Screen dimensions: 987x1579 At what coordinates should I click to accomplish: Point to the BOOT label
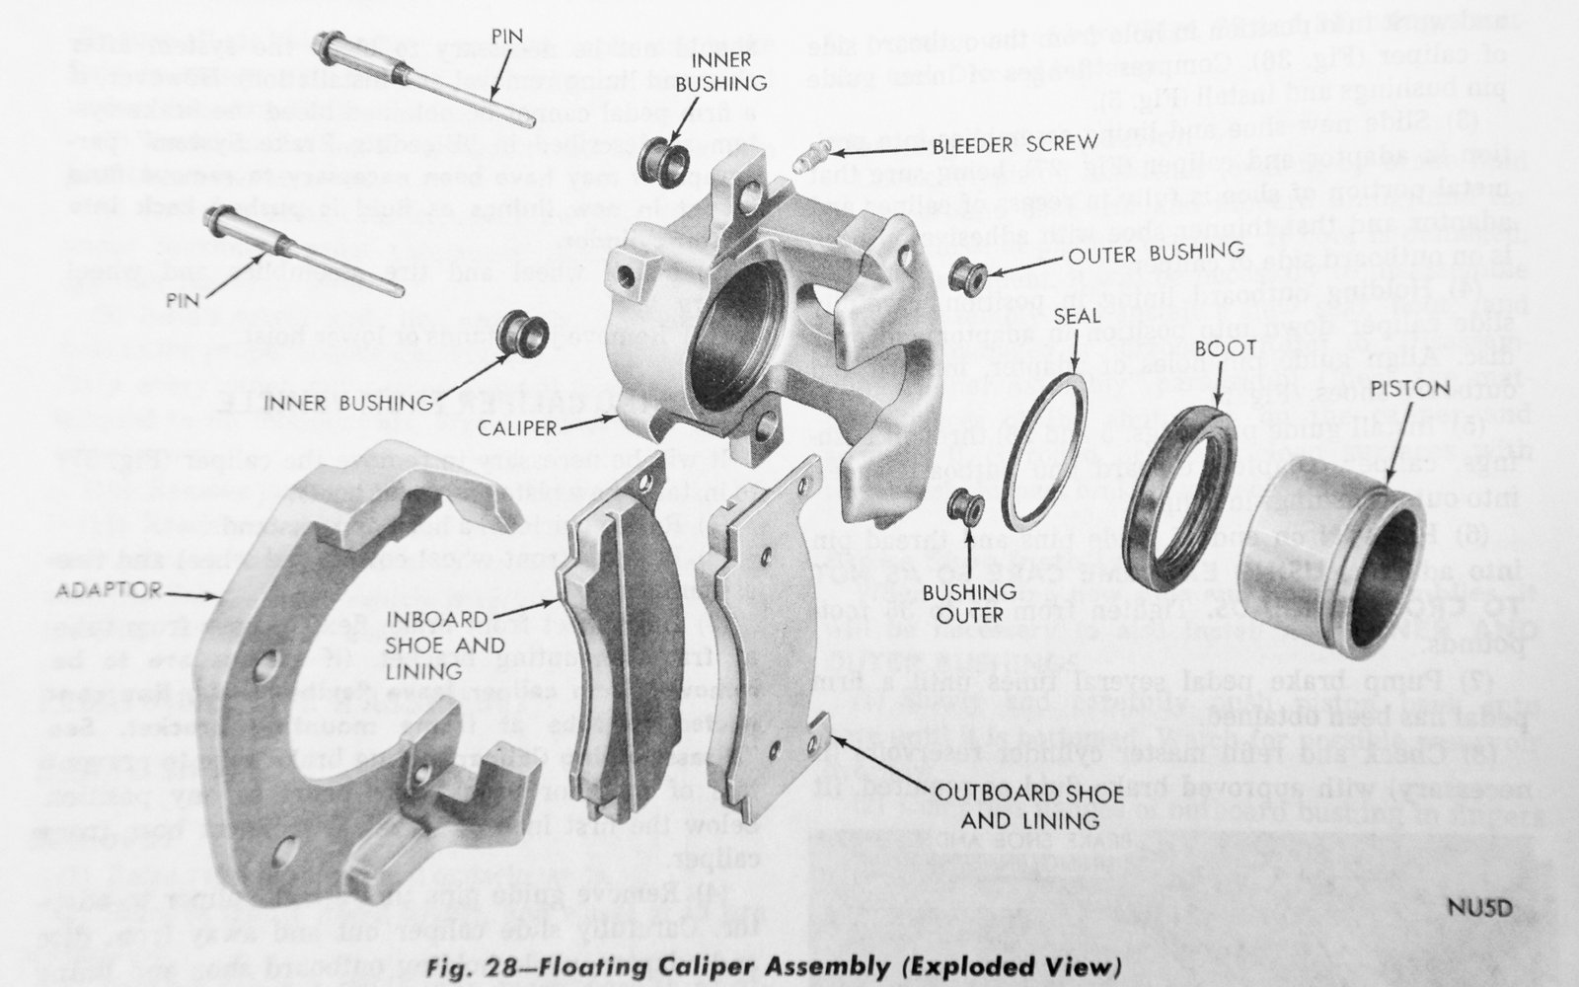click(x=1224, y=348)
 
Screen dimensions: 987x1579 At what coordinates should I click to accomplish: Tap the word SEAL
click(x=1078, y=318)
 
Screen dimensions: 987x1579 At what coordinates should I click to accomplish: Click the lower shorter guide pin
click(x=306, y=254)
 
